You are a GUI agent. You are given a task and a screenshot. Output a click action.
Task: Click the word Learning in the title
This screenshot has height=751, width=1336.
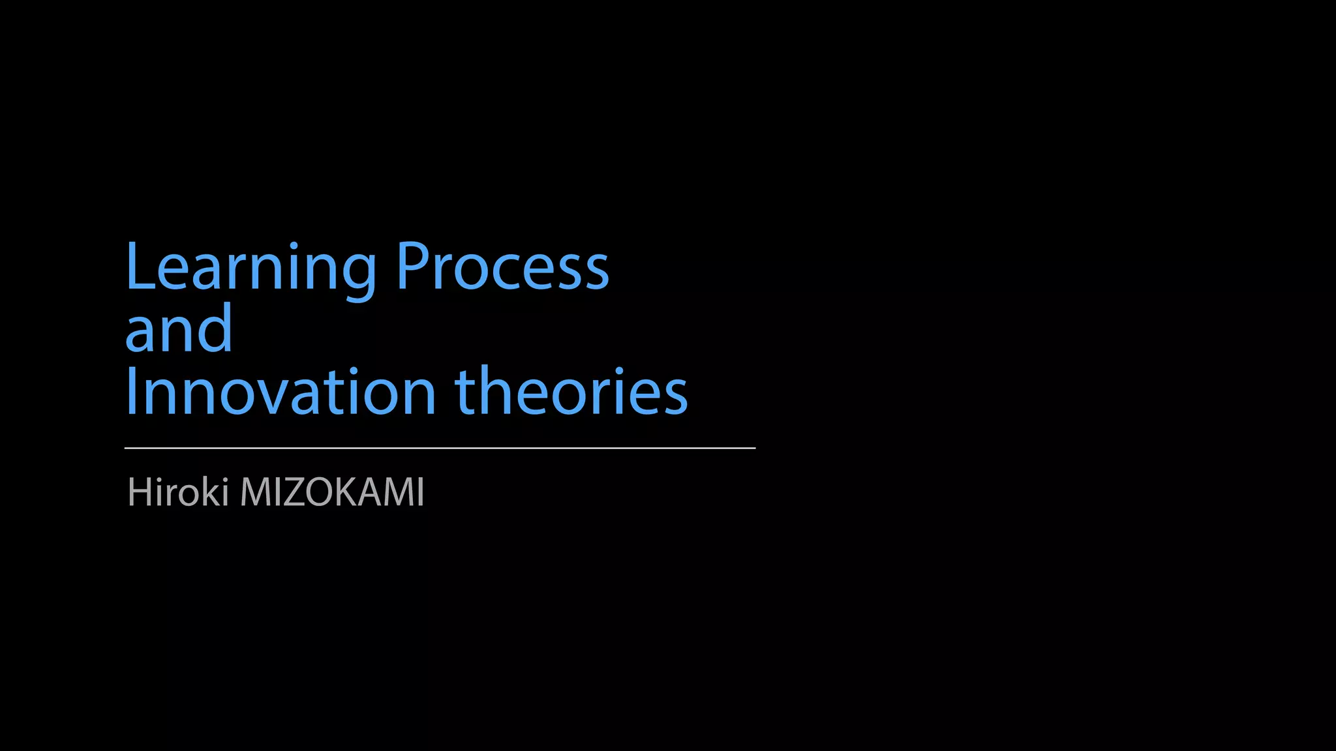250,267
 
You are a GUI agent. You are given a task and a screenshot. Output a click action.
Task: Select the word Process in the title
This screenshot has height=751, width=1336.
502,267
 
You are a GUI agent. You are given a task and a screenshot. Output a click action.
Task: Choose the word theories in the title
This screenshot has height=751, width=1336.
571,391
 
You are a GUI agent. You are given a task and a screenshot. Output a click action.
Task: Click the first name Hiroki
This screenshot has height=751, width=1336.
177,492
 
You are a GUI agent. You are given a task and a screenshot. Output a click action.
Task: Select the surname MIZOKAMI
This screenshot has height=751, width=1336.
333,492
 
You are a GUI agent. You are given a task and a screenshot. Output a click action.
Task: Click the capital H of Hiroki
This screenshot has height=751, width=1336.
140,492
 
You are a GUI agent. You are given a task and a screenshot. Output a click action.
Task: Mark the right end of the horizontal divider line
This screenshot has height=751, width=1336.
754,448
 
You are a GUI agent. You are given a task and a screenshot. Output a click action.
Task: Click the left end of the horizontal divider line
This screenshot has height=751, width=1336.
126,448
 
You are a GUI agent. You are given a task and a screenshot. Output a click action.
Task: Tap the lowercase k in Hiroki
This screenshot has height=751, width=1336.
213,492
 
